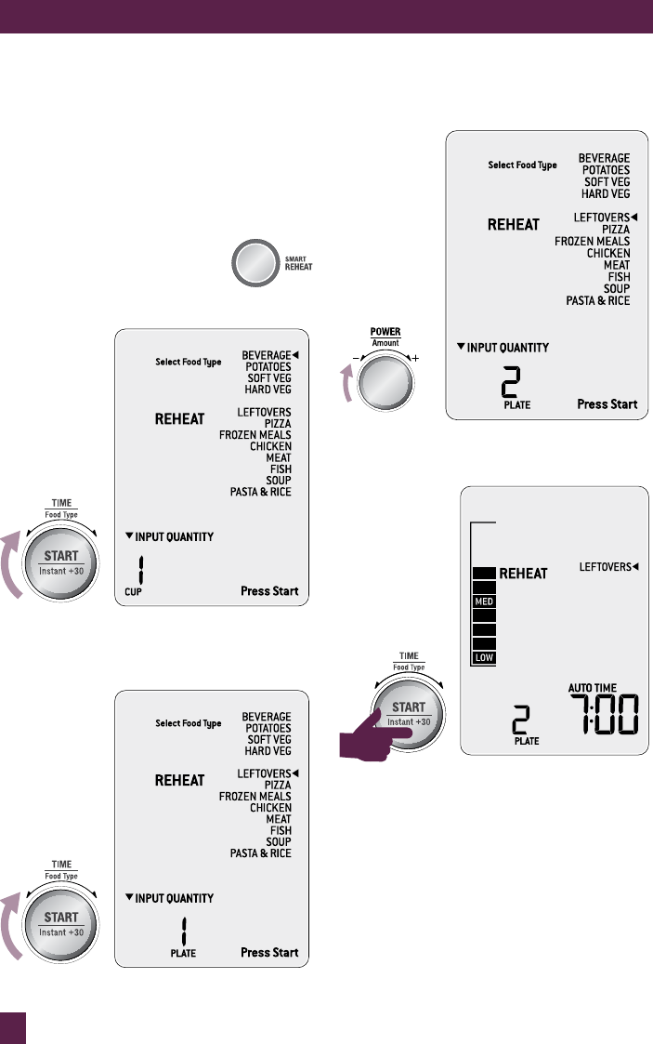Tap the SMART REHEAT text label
[298, 262]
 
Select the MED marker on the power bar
[483, 601]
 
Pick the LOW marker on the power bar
[483, 657]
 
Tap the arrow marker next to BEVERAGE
[297, 354]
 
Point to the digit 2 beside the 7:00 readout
[526, 720]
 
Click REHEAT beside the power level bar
[524, 574]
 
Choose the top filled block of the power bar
[483, 574]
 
